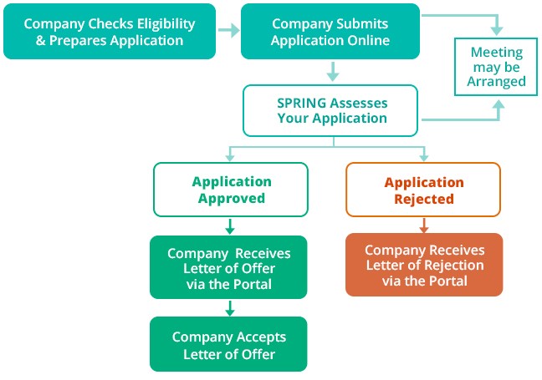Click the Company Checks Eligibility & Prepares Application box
click(110, 31)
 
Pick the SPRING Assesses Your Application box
click(331, 110)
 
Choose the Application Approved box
click(231, 190)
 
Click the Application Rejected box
click(423, 190)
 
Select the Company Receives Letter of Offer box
click(228, 267)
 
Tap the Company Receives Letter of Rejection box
click(424, 265)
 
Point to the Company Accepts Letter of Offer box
click(228, 344)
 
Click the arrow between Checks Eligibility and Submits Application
click(228, 31)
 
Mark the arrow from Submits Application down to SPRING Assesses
click(332, 70)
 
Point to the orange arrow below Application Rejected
click(424, 225)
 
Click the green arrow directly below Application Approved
click(230, 225)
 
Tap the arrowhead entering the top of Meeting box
click(499, 28)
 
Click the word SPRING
click(301, 102)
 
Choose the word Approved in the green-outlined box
click(231, 199)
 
